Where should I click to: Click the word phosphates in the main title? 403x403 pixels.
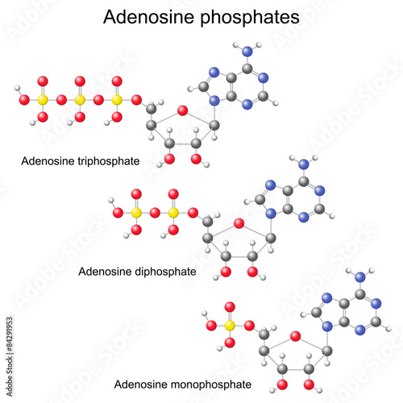[x=250, y=19]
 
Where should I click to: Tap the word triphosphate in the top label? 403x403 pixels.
[x=109, y=161]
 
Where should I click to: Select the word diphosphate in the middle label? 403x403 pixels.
[x=165, y=272]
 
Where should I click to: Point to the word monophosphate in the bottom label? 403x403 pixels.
[x=211, y=384]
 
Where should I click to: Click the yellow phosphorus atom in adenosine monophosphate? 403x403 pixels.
[x=230, y=326]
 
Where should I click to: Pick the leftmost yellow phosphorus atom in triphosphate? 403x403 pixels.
[x=43, y=100]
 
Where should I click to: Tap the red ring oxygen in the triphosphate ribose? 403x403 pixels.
[x=183, y=110]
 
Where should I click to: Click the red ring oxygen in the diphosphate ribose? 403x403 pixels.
[x=239, y=223]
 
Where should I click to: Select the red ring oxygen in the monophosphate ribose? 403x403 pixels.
[x=296, y=336]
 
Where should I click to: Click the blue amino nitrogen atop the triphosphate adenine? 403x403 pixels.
[x=247, y=51]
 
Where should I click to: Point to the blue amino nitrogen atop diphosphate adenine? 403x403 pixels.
[x=304, y=164]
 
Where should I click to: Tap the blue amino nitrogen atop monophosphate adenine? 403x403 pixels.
[x=360, y=276]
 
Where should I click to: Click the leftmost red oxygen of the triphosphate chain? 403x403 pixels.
[x=24, y=100]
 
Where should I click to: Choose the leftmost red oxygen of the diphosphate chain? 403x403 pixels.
[x=118, y=213]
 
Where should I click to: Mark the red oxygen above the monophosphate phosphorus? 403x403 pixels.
[x=230, y=307]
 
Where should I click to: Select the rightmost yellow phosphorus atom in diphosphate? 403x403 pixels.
[x=173, y=213]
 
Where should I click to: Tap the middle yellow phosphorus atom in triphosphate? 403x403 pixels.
[x=80, y=100]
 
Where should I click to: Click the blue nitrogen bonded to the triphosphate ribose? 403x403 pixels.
[x=214, y=101]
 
